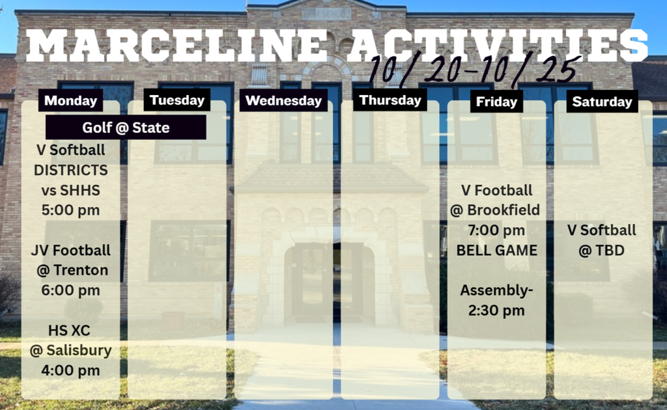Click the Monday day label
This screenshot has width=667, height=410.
point(70,100)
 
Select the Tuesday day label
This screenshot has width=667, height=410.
point(177,100)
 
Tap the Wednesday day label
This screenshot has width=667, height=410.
point(283,100)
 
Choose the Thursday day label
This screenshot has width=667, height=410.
point(390,100)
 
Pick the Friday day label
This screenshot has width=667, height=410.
point(496,102)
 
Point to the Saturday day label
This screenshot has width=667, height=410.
point(602,102)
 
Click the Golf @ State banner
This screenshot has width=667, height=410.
point(126,128)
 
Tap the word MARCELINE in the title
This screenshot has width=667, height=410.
point(176,46)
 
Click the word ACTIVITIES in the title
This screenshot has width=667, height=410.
point(498,46)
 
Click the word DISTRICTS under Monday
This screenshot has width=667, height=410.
point(70,171)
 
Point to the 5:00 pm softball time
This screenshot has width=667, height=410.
point(70,210)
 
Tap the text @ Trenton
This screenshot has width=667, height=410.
point(72,270)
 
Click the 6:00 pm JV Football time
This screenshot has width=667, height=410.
point(70,290)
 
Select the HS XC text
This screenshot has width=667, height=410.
point(69,331)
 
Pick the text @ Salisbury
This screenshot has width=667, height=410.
point(70,351)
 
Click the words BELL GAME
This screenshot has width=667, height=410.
point(497,251)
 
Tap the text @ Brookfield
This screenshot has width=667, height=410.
point(495,210)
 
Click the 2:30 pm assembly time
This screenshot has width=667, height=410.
point(496,310)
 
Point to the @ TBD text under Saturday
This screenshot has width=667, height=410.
point(601,251)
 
